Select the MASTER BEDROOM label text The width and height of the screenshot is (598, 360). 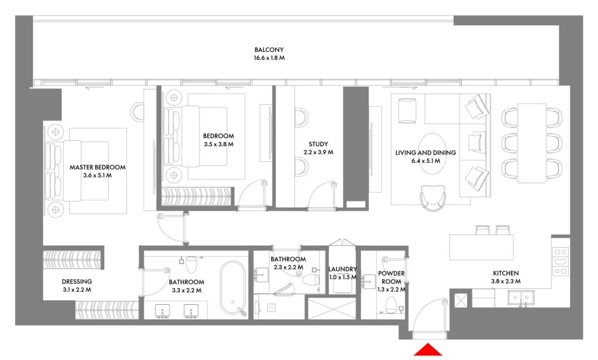(x=98, y=167)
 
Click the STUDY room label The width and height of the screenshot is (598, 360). (x=318, y=144)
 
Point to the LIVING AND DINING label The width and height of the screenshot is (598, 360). (x=425, y=153)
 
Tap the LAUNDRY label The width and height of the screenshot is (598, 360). (x=344, y=269)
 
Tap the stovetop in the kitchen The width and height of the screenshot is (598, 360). (x=560, y=261)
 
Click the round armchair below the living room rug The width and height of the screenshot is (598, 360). (x=432, y=197)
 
